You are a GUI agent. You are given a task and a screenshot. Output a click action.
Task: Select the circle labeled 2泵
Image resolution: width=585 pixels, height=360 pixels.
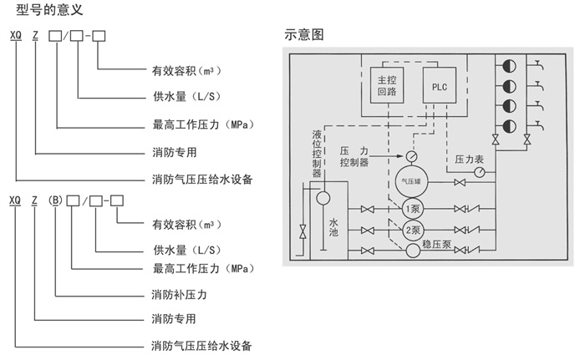[x=412, y=230]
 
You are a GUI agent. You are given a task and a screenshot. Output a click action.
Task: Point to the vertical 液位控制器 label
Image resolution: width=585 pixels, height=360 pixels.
[x=316, y=154]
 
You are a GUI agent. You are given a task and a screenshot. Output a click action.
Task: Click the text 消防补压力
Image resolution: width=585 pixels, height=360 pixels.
[x=179, y=296]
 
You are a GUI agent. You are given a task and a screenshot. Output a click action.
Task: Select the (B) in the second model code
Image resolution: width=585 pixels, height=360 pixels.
[x=54, y=200]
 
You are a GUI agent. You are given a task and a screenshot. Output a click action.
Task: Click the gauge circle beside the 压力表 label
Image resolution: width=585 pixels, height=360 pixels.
[x=480, y=172]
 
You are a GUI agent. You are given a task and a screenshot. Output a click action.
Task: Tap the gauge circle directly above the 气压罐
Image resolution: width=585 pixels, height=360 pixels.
[x=411, y=156]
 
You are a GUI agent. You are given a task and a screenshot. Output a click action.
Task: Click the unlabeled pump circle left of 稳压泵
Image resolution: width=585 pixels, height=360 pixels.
[x=412, y=250]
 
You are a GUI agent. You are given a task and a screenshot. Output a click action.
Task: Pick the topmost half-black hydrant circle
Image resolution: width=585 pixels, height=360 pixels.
[x=507, y=64]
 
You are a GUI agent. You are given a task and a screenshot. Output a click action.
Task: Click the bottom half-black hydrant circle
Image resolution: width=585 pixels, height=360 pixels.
[x=507, y=125]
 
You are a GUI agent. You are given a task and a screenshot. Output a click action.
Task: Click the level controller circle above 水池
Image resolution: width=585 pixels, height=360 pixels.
[x=324, y=198]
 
